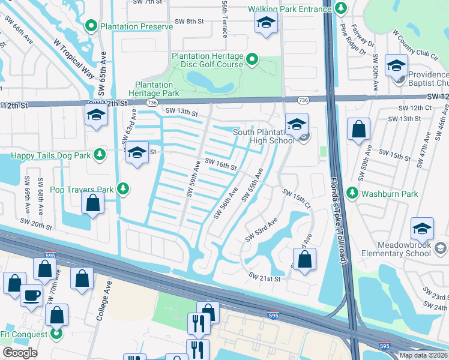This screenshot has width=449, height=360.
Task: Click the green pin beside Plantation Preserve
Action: (x=91, y=26)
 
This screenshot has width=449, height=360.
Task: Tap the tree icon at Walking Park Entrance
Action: (x=341, y=8)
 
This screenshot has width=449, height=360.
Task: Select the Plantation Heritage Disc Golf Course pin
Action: (x=253, y=59)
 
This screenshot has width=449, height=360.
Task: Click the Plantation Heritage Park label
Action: (x=157, y=89)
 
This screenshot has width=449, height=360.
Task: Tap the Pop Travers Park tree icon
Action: (x=123, y=189)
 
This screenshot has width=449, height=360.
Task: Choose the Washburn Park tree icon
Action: (x=353, y=194)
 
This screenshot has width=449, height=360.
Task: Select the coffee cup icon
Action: (x=31, y=295)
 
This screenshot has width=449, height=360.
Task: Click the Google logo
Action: (x=20, y=353)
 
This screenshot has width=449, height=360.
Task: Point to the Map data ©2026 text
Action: (x=423, y=355)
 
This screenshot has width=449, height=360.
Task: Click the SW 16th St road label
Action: (x=220, y=163)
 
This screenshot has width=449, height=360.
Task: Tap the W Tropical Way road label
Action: (x=74, y=60)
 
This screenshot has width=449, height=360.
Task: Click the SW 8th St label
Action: (x=190, y=21)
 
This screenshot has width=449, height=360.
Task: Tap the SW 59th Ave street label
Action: (x=194, y=178)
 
